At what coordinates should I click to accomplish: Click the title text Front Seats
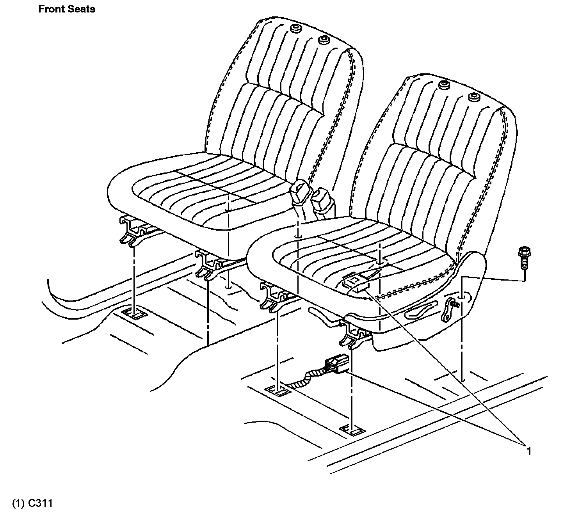pos(67,9)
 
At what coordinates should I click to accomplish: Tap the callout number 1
pos(529,451)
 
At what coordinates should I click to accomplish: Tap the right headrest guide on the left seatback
pos(323,40)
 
